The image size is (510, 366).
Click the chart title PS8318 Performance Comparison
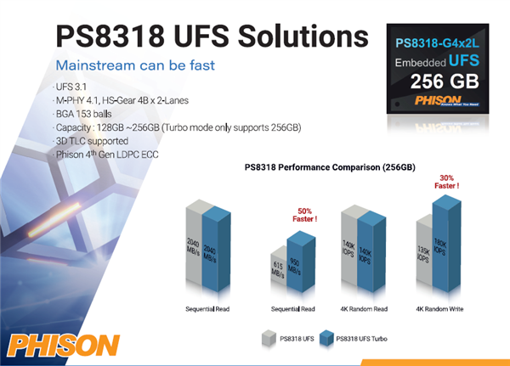[x=330, y=166]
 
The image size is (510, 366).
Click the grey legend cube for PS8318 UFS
[x=267, y=340]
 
